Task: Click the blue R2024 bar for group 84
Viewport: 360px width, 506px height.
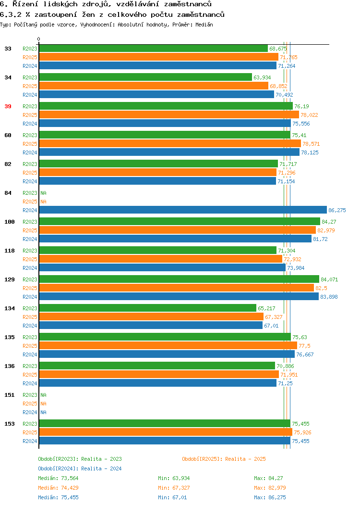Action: pos(183,210)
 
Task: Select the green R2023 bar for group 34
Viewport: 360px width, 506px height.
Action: pos(145,77)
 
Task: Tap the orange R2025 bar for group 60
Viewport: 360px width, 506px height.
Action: pos(170,144)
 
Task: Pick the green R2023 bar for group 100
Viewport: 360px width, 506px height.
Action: pos(180,221)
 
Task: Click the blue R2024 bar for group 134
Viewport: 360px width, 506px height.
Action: pos(151,325)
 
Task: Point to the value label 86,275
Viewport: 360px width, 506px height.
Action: pos(337,210)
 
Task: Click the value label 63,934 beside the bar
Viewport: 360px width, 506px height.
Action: pos(262,77)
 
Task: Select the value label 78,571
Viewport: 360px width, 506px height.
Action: pos(311,144)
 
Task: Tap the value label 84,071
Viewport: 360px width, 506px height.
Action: pos(329,279)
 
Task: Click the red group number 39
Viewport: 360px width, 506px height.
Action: pos(8,106)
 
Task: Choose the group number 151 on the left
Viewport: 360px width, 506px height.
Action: pos(9,395)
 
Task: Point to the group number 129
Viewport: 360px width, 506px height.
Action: pos(9,279)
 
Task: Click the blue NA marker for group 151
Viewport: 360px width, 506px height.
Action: pos(44,412)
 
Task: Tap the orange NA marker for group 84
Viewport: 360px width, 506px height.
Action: pos(44,202)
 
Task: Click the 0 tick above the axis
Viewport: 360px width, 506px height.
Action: pos(39,39)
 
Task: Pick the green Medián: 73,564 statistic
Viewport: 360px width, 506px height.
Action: pos(58,478)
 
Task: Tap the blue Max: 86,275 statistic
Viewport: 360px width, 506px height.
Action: pos(270,498)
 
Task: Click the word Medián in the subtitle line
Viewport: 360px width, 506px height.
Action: pos(204,25)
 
